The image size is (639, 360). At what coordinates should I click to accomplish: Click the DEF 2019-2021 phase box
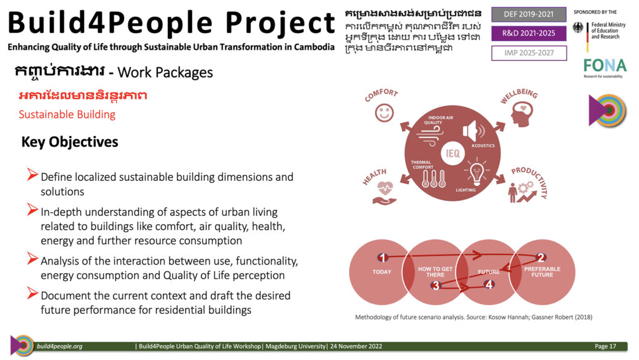529,14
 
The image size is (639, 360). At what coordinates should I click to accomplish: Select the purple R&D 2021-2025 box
529,34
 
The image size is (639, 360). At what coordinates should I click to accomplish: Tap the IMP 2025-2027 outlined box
529,53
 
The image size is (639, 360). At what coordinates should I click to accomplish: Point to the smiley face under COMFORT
384,112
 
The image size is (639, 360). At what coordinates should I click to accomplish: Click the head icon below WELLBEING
522,114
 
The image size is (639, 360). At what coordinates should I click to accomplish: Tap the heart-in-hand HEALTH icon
384,193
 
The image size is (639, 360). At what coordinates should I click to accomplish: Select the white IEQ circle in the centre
452,153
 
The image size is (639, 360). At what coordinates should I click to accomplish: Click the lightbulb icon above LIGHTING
476,173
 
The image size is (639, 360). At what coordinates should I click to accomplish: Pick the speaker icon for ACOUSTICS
474,131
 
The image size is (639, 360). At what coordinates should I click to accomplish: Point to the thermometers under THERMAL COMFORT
433,179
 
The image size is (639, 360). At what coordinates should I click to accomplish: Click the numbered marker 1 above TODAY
383,258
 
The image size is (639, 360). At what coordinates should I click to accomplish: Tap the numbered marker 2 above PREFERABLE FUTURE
540,258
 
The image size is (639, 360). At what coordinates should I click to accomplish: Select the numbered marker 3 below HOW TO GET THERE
436,286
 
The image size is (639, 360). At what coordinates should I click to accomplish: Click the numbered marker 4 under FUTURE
489,285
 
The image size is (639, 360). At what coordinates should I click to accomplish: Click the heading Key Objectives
70,142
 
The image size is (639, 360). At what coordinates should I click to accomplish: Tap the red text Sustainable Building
67,114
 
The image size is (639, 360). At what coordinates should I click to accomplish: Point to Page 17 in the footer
605,346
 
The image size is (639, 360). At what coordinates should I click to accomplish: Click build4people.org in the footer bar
59,346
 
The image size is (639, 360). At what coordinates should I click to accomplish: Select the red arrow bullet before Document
32,293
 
